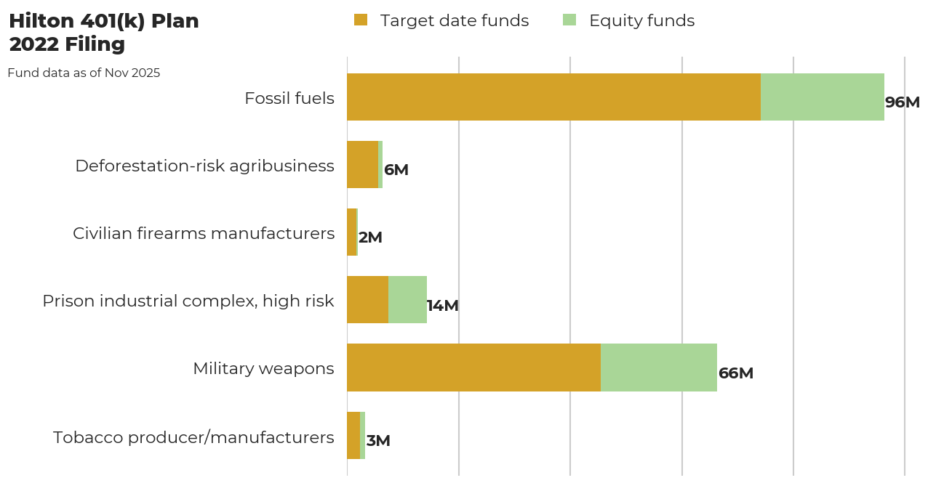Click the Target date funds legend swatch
[x=361, y=20]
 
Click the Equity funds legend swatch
[x=569, y=20]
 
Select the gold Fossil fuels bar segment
[x=553, y=97]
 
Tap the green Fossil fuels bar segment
[x=822, y=97]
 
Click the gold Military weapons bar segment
[x=473, y=368]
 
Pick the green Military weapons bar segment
[x=658, y=368]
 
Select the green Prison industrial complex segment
[x=407, y=300]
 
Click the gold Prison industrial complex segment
[x=367, y=300]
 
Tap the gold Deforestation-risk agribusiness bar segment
[x=362, y=165]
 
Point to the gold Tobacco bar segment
[x=353, y=436]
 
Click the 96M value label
[x=902, y=102]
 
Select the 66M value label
[x=735, y=373]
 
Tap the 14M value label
[x=442, y=306]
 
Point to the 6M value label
[x=396, y=170]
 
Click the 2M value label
[x=369, y=238]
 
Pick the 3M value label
[x=377, y=441]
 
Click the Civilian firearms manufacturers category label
[x=204, y=233]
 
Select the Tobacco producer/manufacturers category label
[x=193, y=437]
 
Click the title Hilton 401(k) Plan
[x=103, y=22]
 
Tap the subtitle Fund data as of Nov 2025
[x=84, y=73]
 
